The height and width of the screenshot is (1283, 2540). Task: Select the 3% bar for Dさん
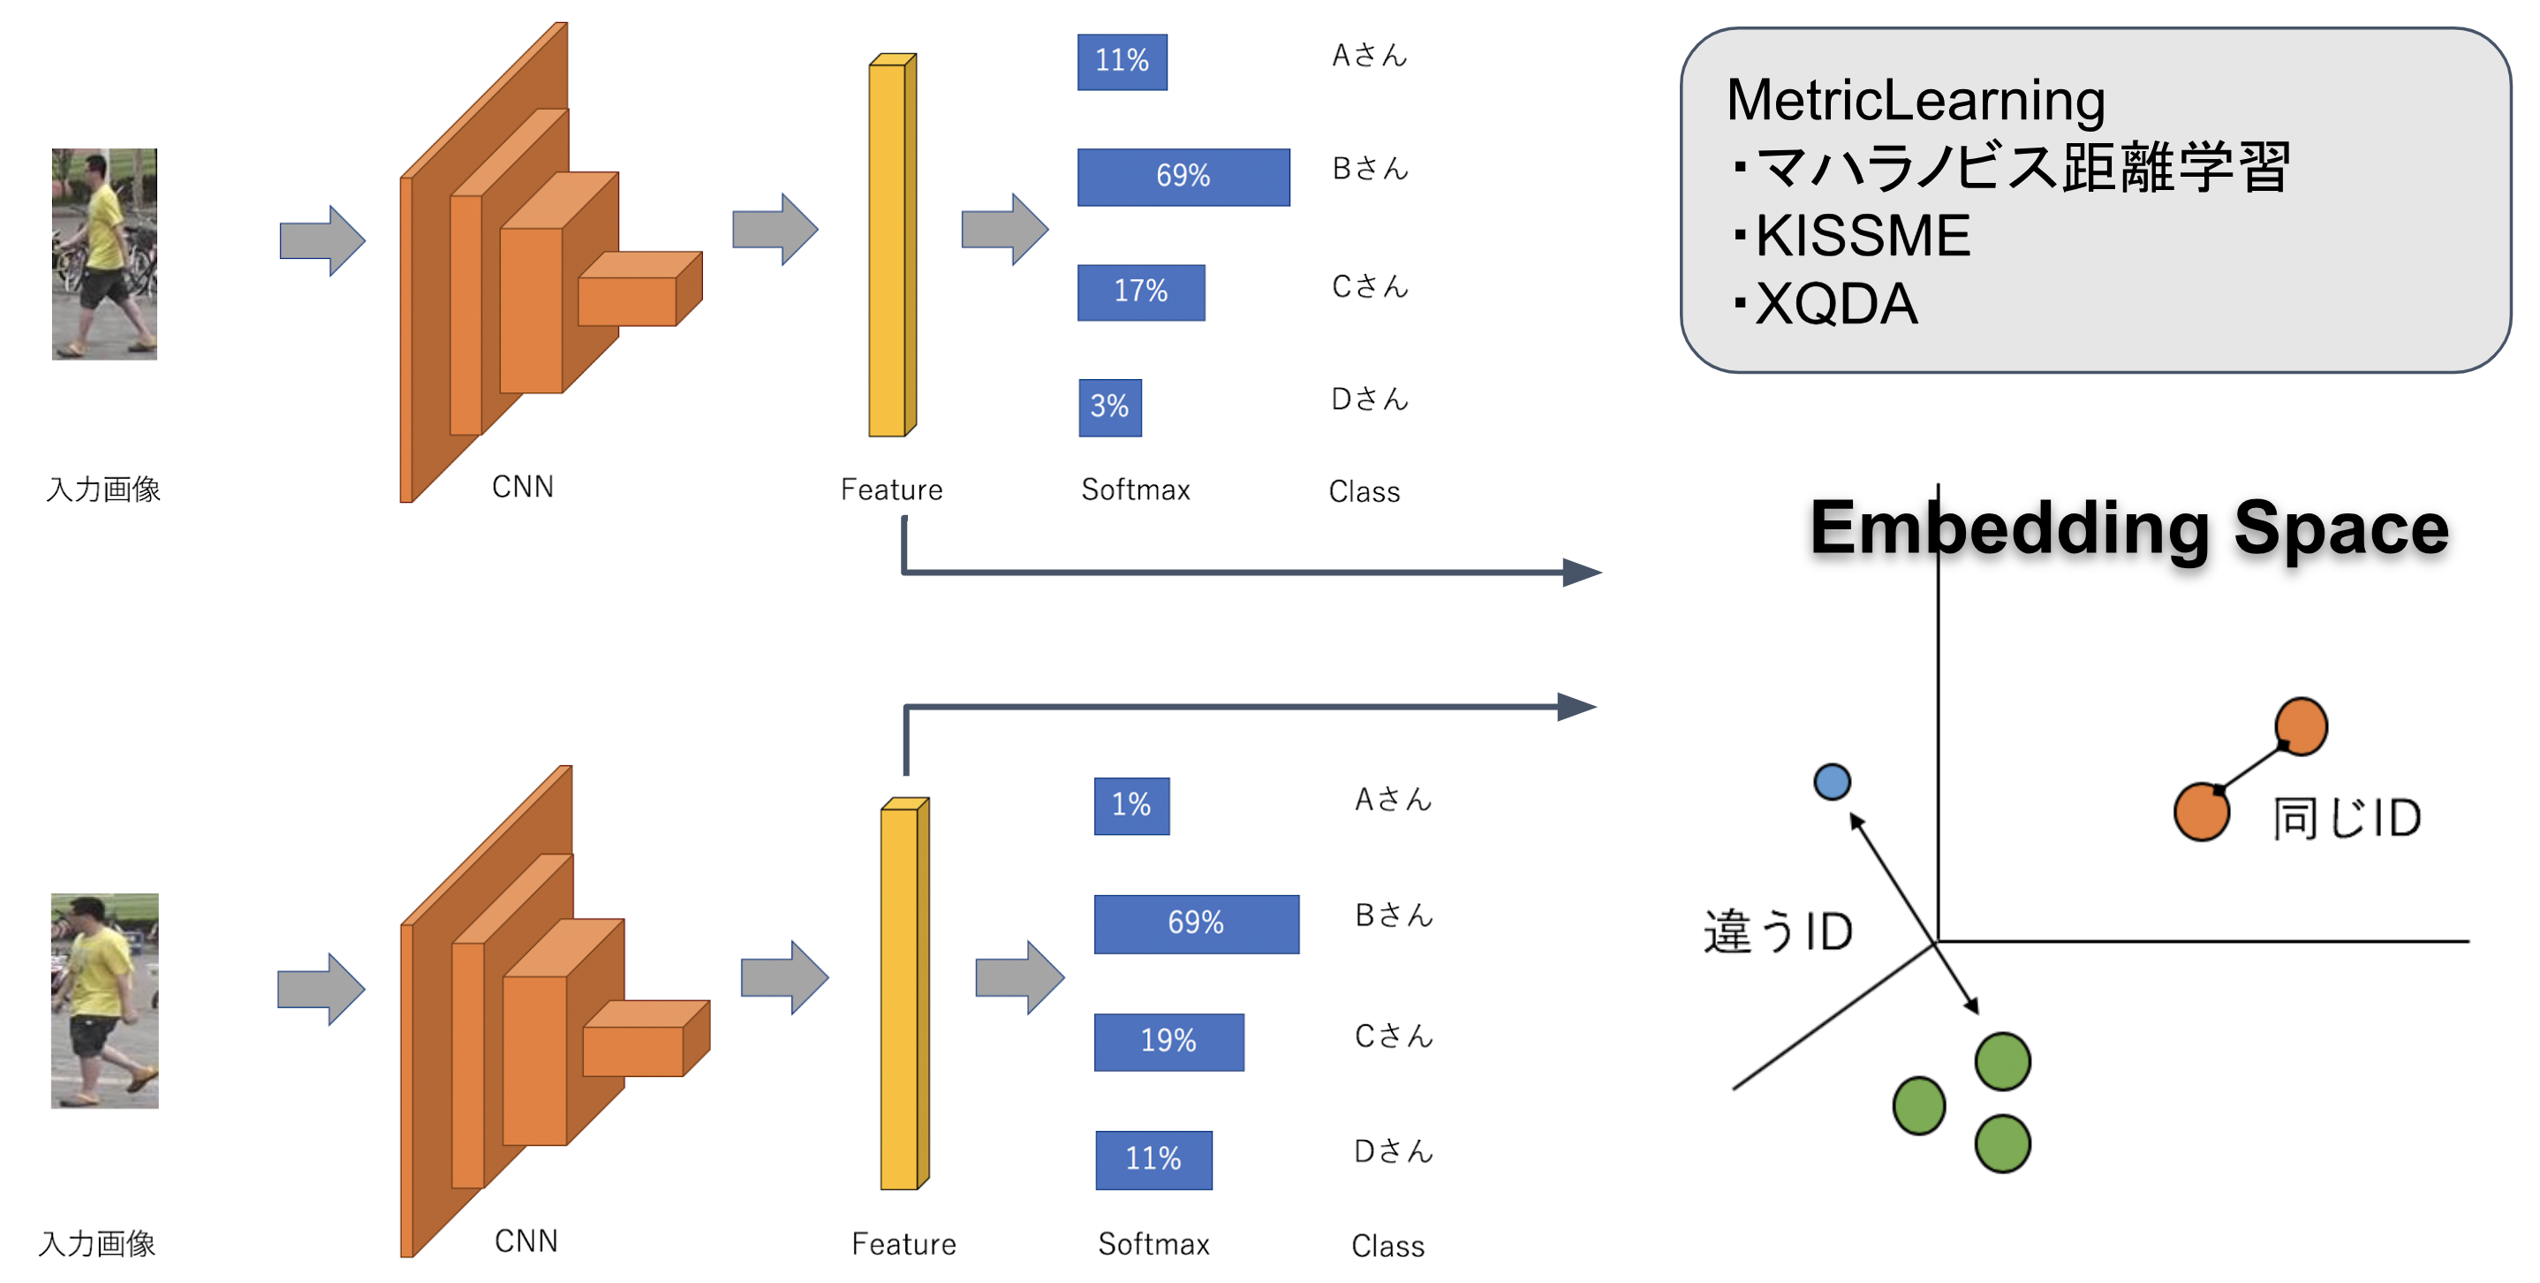[x=1109, y=406]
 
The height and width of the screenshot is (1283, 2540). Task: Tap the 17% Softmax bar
[x=1140, y=291]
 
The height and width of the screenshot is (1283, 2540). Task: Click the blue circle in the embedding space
[x=1831, y=781]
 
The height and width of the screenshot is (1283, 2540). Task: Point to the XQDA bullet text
[x=1836, y=304]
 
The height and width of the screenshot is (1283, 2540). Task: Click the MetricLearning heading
[x=1915, y=101]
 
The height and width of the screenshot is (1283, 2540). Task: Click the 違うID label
[x=1777, y=931]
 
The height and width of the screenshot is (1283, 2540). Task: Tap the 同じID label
[x=2346, y=817]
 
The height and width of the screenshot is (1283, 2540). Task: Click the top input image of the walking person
[x=104, y=254]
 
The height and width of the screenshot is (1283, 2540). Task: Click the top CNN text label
[x=523, y=487]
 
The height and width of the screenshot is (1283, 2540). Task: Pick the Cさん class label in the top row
[x=1369, y=287]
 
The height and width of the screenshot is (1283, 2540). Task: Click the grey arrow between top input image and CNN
[x=321, y=239]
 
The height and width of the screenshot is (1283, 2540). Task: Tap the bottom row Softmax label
[x=1153, y=1243]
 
